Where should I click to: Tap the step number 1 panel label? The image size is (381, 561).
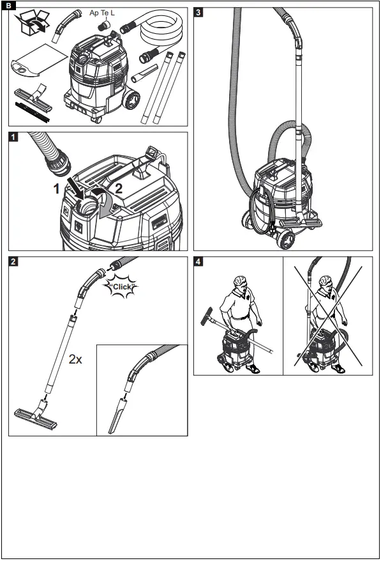tap(13, 137)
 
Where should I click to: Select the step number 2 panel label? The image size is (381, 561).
tap(13, 261)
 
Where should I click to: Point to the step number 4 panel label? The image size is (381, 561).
tap(199, 261)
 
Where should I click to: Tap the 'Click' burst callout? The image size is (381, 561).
tap(121, 287)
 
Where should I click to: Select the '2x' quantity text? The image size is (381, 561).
tap(75, 360)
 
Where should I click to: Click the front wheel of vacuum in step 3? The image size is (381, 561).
tap(287, 240)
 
